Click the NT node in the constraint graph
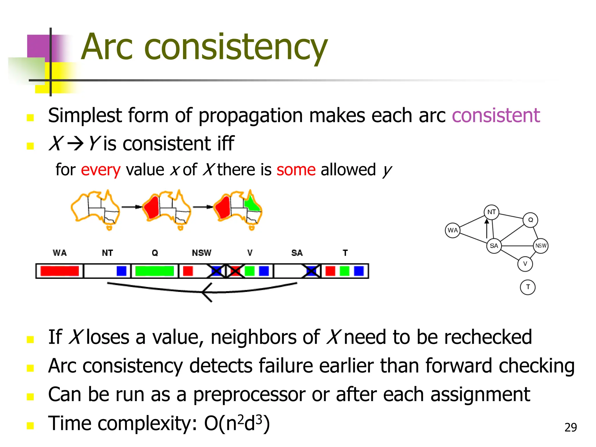point(492,212)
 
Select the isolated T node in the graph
point(528,287)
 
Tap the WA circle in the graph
point(453,230)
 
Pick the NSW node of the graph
point(541,246)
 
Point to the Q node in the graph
point(530,220)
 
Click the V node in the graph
point(525,264)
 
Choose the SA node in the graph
point(494,246)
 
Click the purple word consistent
point(496,116)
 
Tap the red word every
point(100,170)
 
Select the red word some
point(296,170)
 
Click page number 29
point(570,428)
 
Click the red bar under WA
point(60,271)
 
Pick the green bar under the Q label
point(155,271)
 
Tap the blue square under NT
point(121,271)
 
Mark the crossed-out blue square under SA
point(311,271)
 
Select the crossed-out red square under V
point(235,271)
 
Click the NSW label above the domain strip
point(202,253)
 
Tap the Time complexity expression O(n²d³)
point(237,423)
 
